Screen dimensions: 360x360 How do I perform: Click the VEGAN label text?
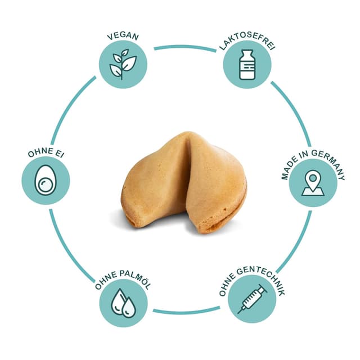tap(123, 36)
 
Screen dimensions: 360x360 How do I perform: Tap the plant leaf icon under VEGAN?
tap(123, 65)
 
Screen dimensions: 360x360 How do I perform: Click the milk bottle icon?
tap(247, 65)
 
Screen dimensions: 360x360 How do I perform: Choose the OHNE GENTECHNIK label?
tap(252, 280)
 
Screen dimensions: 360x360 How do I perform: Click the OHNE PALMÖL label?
tap(123, 280)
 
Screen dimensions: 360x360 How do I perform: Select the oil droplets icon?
tap(123, 303)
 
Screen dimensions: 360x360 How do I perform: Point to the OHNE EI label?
tap(46, 152)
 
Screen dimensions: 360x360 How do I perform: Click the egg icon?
tap(46, 180)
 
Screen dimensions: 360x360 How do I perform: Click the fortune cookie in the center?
tap(184, 182)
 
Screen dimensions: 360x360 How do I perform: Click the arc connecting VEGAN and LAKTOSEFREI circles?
tap(185, 47)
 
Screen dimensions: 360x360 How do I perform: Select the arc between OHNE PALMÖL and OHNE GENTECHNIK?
tap(186, 311)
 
